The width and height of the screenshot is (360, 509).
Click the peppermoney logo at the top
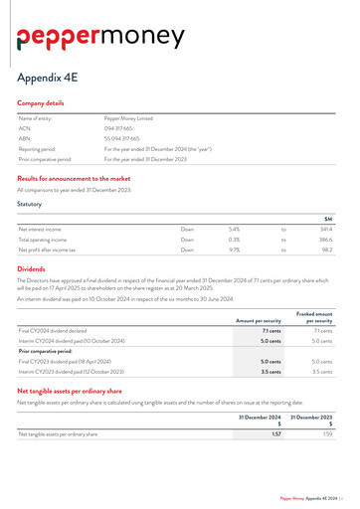[x=99, y=38]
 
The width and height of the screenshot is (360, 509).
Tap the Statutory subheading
[x=30, y=205]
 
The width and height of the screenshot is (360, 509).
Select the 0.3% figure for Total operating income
[x=234, y=240]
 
